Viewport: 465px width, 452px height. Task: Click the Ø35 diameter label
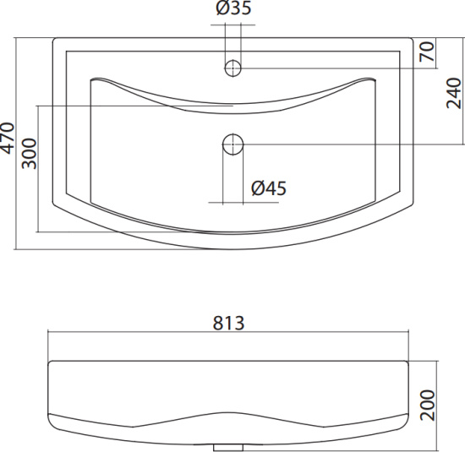[x=233, y=8]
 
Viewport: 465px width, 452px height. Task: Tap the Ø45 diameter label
[x=269, y=188]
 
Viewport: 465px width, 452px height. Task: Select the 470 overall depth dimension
[x=8, y=138]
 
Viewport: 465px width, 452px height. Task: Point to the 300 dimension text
[x=29, y=153]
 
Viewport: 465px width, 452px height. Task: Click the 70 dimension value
[x=427, y=52]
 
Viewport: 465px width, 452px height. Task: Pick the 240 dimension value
[x=454, y=93]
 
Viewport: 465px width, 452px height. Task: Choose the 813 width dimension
[x=228, y=323]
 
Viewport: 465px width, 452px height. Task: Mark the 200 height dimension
[x=427, y=406]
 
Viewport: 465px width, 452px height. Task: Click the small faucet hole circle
[x=232, y=68]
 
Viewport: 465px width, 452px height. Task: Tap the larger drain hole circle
[x=233, y=144]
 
